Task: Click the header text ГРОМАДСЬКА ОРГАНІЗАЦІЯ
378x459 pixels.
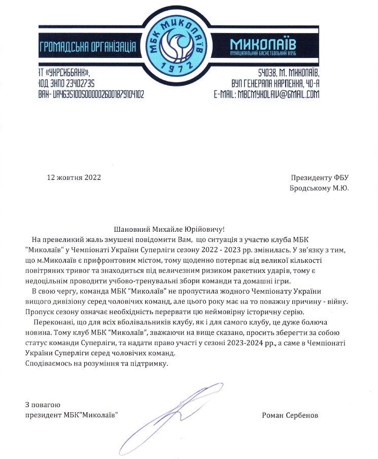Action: tap(89, 47)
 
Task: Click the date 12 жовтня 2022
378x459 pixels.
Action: tap(74, 178)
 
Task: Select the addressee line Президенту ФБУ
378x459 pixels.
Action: tap(321, 178)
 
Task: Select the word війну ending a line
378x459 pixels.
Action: tap(336, 301)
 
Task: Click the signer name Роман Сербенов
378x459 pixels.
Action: tap(290, 415)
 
